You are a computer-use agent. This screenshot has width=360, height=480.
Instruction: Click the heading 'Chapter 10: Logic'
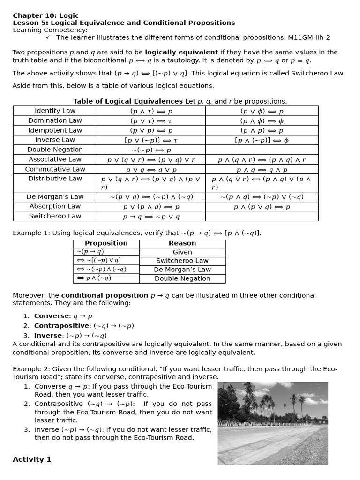[45, 15]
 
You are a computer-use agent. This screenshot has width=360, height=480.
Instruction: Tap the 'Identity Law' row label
[55, 111]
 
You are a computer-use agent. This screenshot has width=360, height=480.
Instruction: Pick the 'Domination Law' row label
[55, 120]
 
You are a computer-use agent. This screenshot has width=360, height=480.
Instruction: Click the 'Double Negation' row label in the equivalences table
[55, 150]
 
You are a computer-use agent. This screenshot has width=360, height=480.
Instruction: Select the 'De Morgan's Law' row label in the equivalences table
[55, 197]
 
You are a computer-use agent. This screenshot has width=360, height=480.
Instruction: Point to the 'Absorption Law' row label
[55, 206]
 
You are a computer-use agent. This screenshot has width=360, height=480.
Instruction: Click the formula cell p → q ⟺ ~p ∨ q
[151, 217]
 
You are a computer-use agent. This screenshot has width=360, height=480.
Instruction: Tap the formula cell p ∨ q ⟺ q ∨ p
[151, 170]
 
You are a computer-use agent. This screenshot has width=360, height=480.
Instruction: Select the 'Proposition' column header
[106, 243]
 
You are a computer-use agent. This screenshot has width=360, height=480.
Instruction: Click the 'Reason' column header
[182, 243]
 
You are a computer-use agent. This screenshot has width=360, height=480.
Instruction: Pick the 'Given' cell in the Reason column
[182, 252]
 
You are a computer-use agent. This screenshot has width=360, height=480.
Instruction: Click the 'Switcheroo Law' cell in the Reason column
[182, 261]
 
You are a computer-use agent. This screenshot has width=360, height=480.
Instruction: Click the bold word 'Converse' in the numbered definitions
[52, 316]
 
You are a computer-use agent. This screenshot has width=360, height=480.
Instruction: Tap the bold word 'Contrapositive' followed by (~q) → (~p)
[61, 326]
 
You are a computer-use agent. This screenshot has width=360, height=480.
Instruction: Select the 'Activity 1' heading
[32, 459]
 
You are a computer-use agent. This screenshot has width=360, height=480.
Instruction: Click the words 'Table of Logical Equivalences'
[127, 101]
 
